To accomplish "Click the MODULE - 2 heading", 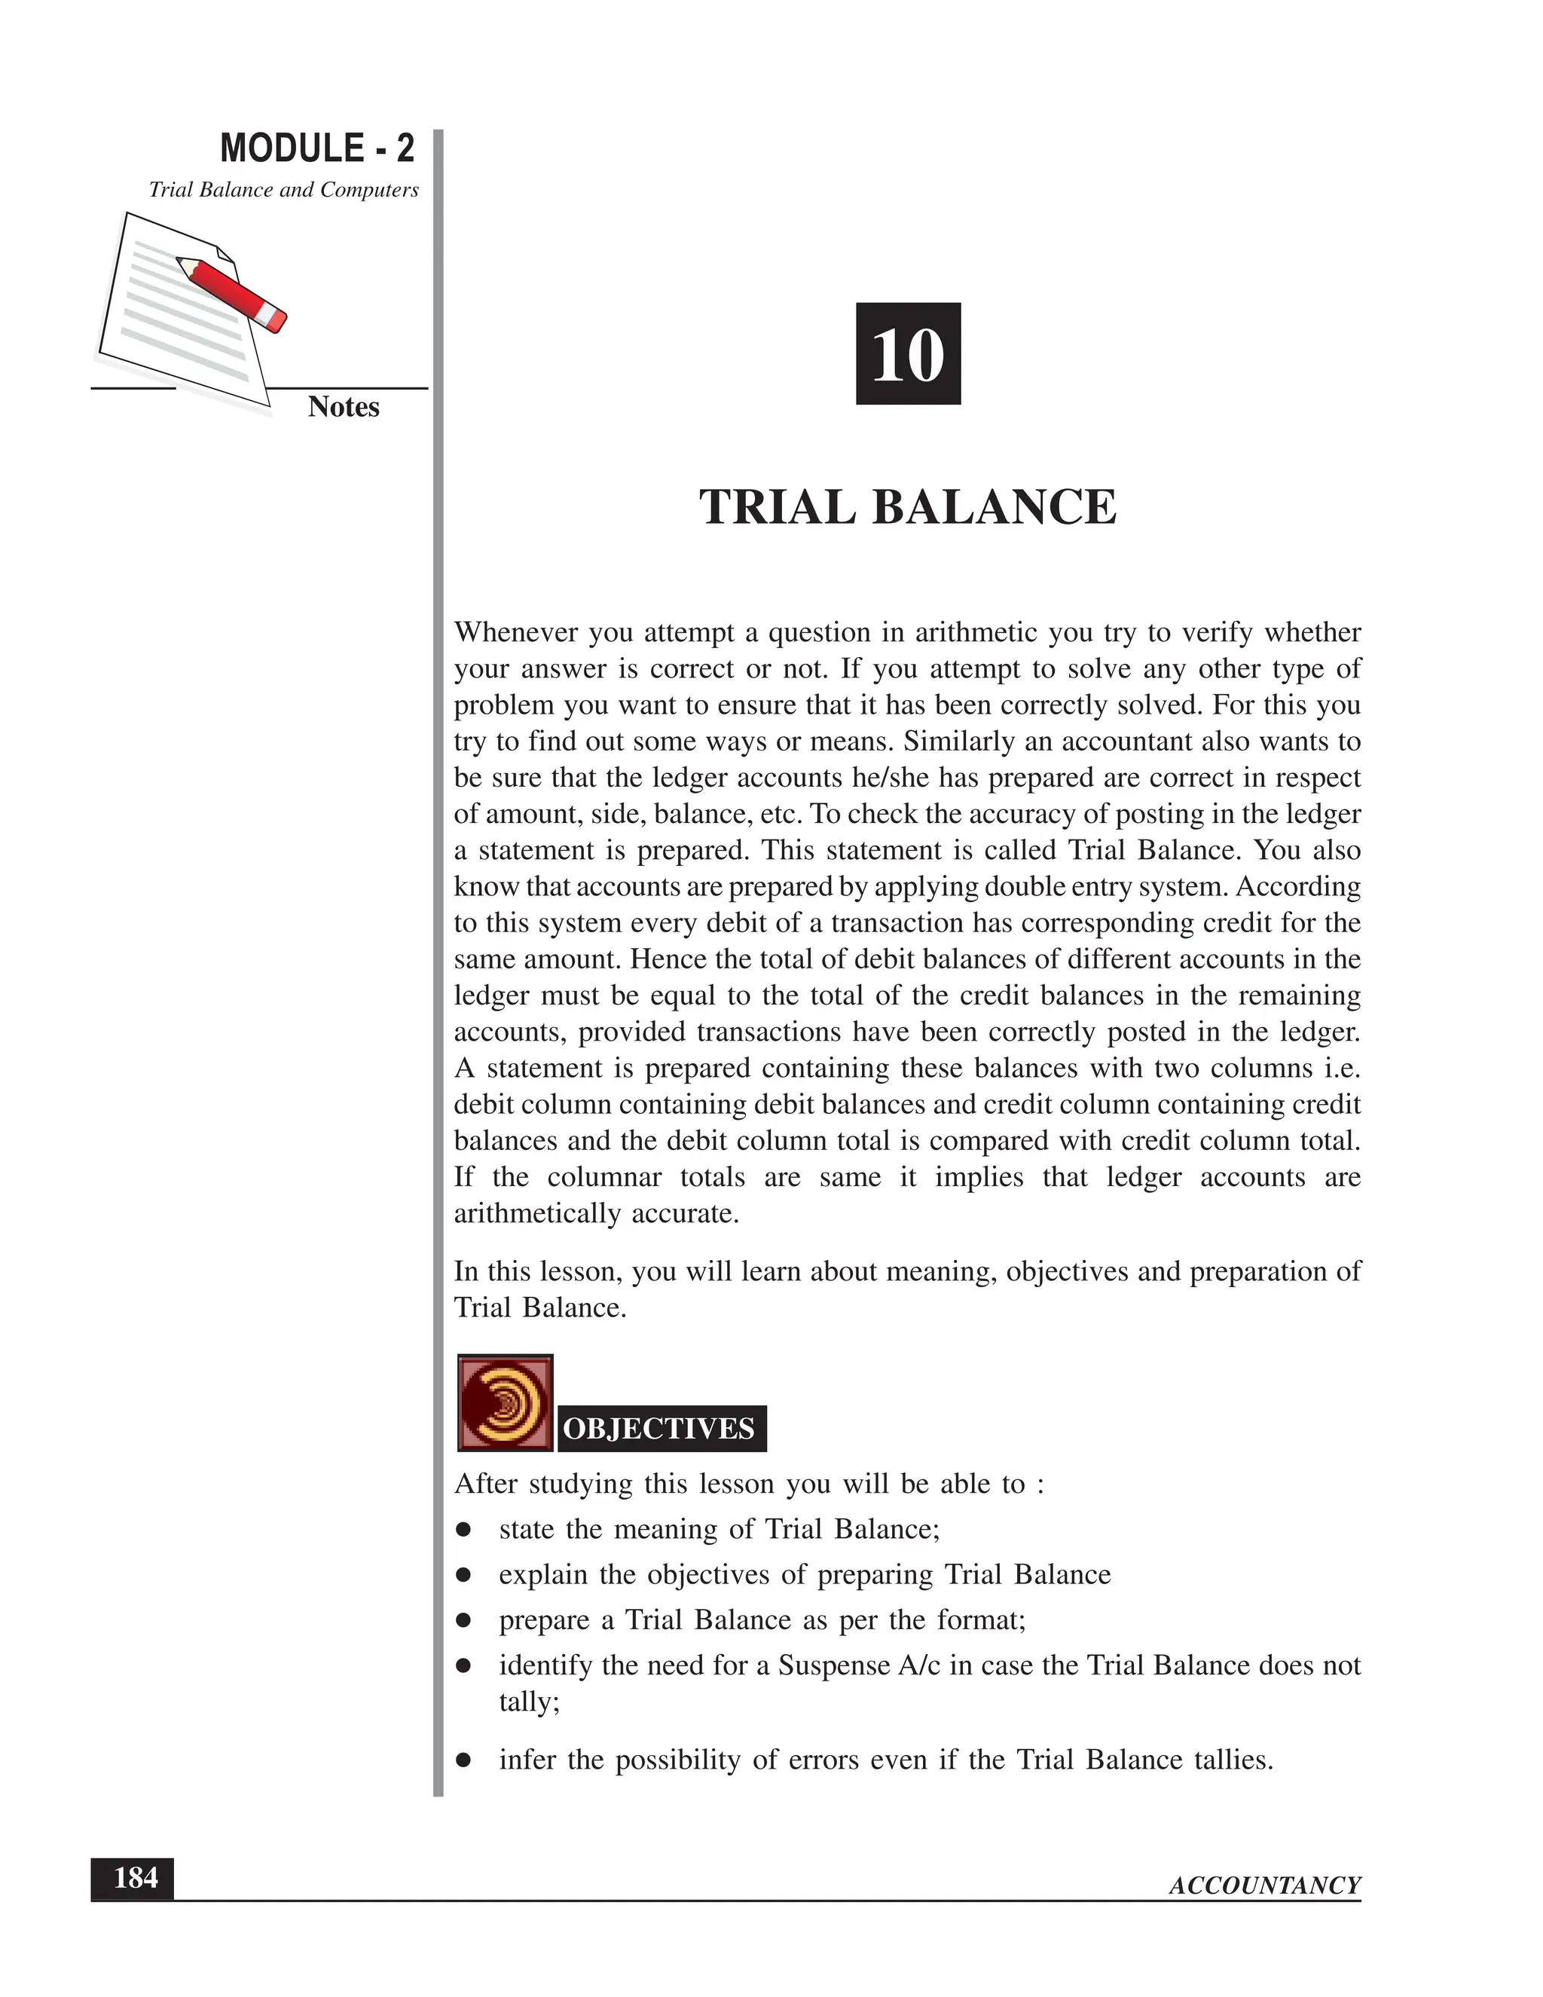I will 316,148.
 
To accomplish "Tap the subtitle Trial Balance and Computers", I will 283,190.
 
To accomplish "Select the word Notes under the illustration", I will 343,407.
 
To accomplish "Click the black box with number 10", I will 908,354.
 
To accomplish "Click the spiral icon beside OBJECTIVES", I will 505,1404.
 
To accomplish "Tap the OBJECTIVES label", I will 660,1429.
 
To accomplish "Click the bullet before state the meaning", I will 464,1530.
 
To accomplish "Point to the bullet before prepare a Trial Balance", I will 464,1621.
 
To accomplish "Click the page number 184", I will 133,1879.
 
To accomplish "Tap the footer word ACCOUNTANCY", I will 1264,1885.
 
